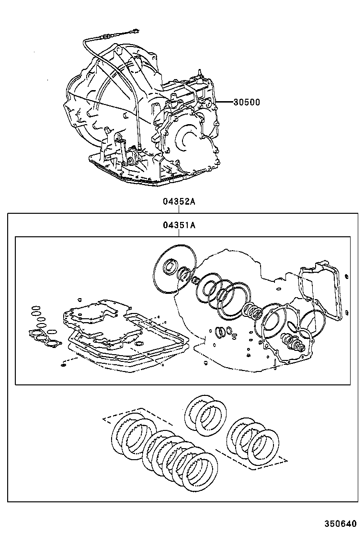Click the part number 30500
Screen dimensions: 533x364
[x=247, y=102]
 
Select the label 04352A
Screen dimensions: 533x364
[x=179, y=202]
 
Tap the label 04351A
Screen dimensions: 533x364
[x=179, y=225]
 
